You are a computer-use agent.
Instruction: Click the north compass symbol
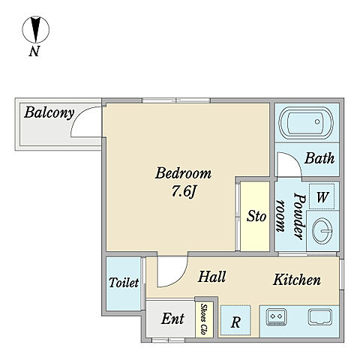pyautogui.click(x=36, y=29)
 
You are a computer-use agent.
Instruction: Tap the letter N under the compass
pyautogui.click(x=34, y=52)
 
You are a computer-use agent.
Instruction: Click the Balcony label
pyautogui.click(x=49, y=113)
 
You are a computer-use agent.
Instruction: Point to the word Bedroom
pyautogui.click(x=183, y=173)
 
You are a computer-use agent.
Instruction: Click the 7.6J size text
pyautogui.click(x=183, y=192)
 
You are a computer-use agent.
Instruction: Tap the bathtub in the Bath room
pyautogui.click(x=306, y=123)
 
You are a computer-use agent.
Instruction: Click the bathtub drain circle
pyautogui.click(x=317, y=121)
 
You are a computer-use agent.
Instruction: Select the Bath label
pyautogui.click(x=319, y=158)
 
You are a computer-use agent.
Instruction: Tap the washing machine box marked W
pyautogui.click(x=322, y=196)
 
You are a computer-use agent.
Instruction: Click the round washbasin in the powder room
pyautogui.click(x=322, y=231)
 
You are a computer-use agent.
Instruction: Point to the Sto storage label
pyautogui.click(x=256, y=216)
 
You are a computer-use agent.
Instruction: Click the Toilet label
pyautogui.click(x=124, y=283)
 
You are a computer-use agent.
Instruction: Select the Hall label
pyautogui.click(x=211, y=277)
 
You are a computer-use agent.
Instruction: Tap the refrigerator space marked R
pyautogui.click(x=235, y=320)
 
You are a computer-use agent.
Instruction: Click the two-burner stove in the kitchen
pyautogui.click(x=276, y=317)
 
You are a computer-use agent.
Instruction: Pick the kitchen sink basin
pyautogui.click(x=320, y=317)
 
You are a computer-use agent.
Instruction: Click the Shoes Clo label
pyautogui.click(x=204, y=319)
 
